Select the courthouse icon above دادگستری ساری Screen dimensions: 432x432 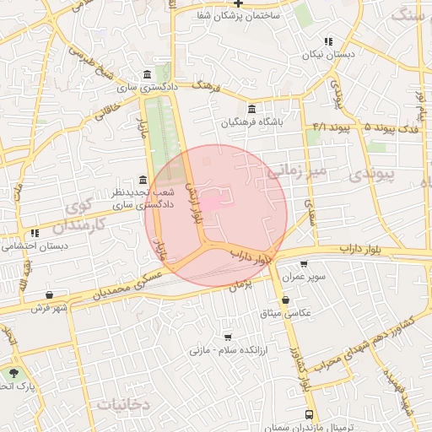pyautogui.click(x=148, y=73)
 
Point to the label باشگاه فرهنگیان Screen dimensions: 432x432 pyautogui.click(x=253, y=123)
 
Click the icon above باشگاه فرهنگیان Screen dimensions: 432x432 pyautogui.click(x=253, y=109)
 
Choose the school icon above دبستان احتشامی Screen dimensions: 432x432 pyautogui.click(x=35, y=233)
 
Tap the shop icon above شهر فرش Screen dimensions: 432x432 pyautogui.click(x=50, y=294)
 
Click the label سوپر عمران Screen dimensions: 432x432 pyautogui.click(x=304, y=277)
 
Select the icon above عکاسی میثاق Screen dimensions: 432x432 pyautogui.click(x=285, y=300)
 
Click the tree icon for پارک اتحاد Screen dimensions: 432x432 pyautogui.click(x=13, y=371)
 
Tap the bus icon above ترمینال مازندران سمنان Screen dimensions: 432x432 pyautogui.click(x=309, y=415)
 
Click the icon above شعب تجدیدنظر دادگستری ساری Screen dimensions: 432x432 pyautogui.click(x=141, y=181)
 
